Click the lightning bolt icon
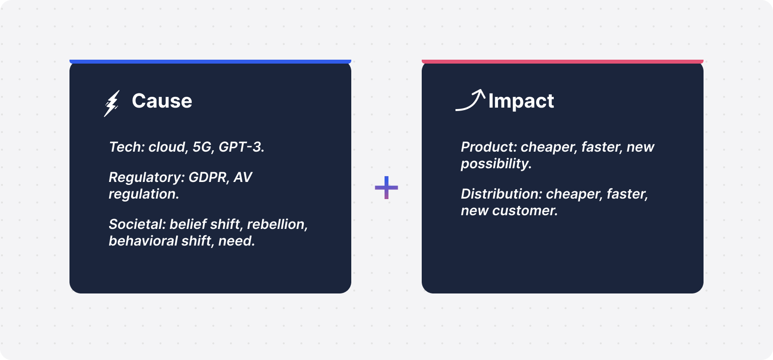(112, 104)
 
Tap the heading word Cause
(162, 101)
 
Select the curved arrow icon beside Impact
(470, 100)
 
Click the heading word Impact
(521, 101)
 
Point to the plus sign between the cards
(386, 187)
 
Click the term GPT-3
(241, 147)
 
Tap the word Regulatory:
(147, 178)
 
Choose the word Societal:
(137, 225)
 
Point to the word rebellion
(276, 225)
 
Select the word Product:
(489, 147)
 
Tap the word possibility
(495, 164)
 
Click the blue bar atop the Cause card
(210, 62)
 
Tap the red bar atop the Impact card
(563, 62)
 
